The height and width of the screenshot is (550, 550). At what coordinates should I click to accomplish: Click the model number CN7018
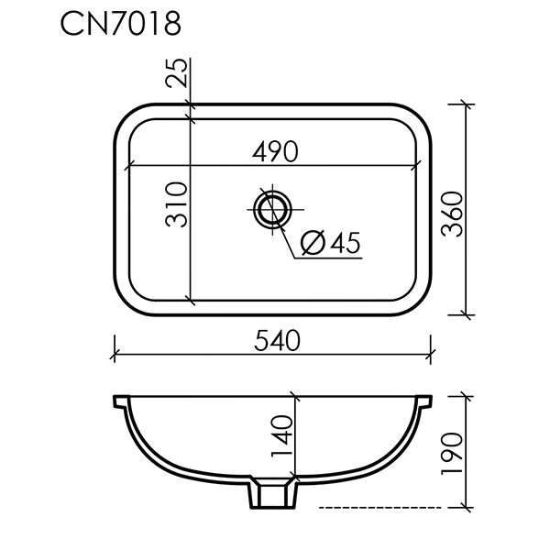click(121, 24)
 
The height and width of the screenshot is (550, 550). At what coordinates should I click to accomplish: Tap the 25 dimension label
click(176, 72)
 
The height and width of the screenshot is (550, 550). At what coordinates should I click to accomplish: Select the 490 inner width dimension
click(275, 152)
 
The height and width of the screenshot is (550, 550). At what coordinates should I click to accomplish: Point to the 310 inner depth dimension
click(176, 204)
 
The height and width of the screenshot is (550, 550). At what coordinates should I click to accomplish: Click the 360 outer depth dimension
click(452, 214)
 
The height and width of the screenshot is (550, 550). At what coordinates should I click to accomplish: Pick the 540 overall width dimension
click(277, 341)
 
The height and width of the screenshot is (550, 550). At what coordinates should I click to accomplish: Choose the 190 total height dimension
click(452, 455)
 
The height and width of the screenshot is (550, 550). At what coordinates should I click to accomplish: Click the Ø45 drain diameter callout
click(331, 242)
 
